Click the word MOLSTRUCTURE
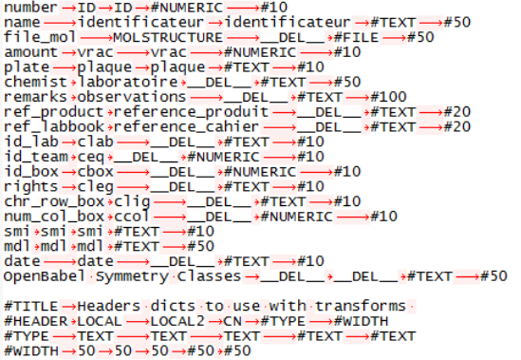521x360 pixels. tap(168, 37)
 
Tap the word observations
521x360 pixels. tap(132, 97)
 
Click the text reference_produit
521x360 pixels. tap(191, 112)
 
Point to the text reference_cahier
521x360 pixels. tap(186, 127)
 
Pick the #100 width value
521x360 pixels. tap(388, 97)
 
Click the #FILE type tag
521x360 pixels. tap(356, 37)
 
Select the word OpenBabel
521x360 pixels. tap(45, 276)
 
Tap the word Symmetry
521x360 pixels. tap(132, 276)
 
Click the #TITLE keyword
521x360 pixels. tap(31, 306)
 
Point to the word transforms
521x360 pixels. tap(361, 306)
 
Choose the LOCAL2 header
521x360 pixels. tap(177, 321)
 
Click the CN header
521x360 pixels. tap(233, 321)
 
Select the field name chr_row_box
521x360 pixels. tap(54, 201)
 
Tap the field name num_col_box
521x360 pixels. tap(54, 217)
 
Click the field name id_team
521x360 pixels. tap(36, 157)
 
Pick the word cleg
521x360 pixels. tap(95, 187)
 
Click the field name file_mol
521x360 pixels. tap(40, 37)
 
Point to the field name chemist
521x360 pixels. tap(35, 82)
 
